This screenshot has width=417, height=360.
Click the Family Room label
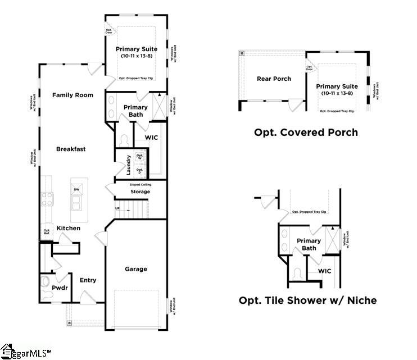coord(72,95)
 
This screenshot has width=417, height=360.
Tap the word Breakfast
coord(71,149)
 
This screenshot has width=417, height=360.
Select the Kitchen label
coord(68,228)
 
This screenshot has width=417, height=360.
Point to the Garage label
coord(135,269)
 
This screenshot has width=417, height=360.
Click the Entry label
coord(88,280)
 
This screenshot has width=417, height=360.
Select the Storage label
coord(140,192)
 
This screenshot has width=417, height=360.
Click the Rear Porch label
coord(274,79)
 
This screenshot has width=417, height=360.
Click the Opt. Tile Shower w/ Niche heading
coord(307,300)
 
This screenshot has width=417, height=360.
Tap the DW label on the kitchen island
coord(76,190)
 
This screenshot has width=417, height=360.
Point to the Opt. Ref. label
coord(47,232)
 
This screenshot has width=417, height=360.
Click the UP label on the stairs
coord(117,208)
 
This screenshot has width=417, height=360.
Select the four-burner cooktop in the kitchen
coord(46,199)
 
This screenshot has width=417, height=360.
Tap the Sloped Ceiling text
coord(140,184)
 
